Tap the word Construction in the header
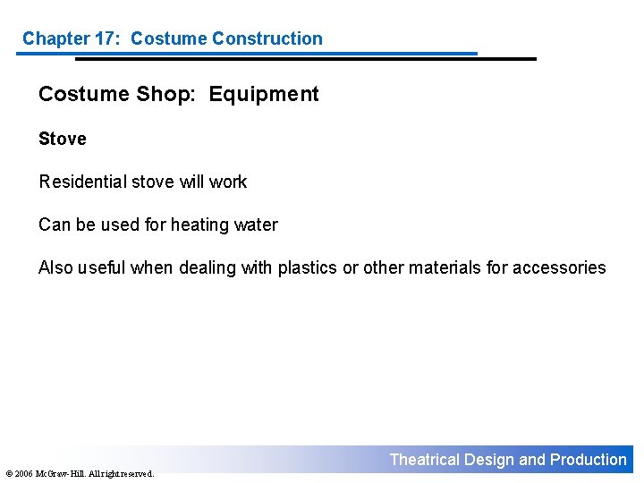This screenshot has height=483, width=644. coord(269,38)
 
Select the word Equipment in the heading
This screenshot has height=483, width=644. coord(264,94)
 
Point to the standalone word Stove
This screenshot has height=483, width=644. coord(63,139)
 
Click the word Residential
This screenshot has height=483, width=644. coord(82,182)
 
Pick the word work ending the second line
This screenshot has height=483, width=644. coord(228,182)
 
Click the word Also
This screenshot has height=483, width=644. coord(55,267)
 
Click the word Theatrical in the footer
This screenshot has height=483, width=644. coord(425,460)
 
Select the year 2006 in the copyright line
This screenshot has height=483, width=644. coord(24,473)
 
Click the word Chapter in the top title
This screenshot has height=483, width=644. coord(55,38)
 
